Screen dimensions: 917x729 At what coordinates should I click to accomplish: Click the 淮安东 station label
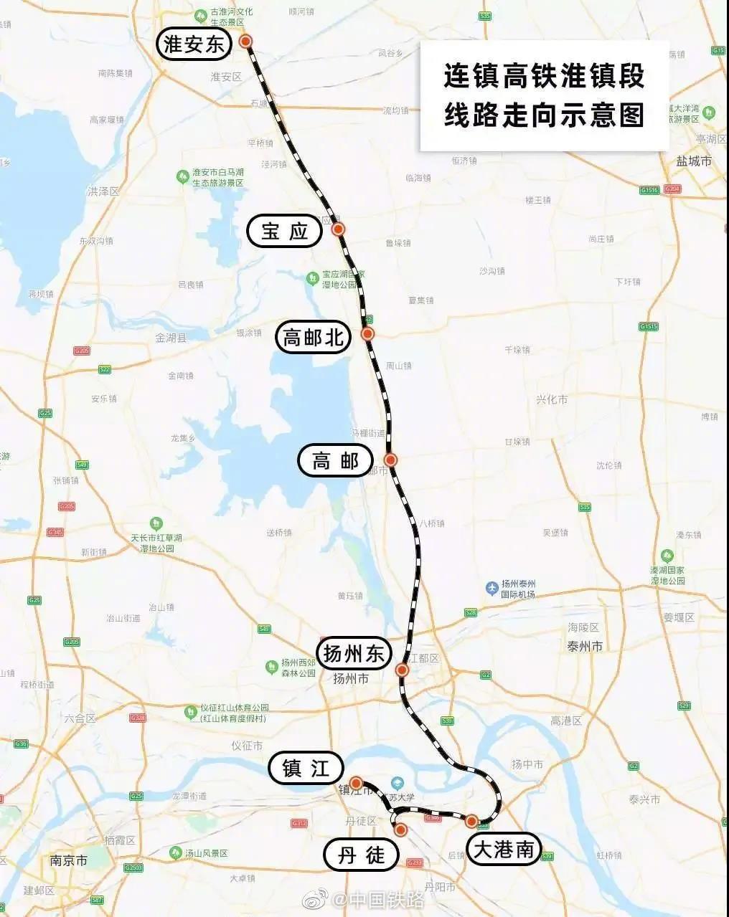pyautogui.click(x=194, y=45)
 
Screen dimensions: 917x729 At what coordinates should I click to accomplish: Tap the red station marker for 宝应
pyautogui.click(x=339, y=229)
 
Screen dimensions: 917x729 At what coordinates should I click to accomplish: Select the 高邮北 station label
pyautogui.click(x=314, y=337)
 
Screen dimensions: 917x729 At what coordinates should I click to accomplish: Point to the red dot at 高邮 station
pyautogui.click(x=390, y=460)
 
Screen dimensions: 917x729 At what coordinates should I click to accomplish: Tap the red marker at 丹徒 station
pyautogui.click(x=400, y=830)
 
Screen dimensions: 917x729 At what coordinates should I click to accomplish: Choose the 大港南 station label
pyautogui.click(x=504, y=850)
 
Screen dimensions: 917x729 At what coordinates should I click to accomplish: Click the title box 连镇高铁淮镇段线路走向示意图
pyautogui.click(x=544, y=95)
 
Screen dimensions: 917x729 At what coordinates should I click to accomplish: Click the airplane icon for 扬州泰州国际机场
pyautogui.click(x=492, y=588)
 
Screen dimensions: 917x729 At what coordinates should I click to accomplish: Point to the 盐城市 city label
pyautogui.click(x=694, y=161)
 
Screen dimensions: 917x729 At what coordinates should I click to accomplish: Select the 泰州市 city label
pyautogui.click(x=584, y=646)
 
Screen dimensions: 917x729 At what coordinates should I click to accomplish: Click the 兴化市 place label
pyautogui.click(x=552, y=399)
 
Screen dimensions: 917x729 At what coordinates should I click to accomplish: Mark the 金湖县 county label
pyautogui.click(x=171, y=337)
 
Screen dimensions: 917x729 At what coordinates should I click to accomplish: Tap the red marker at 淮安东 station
pyautogui.click(x=246, y=42)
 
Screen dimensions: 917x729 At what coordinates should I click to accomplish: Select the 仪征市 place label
pyautogui.click(x=247, y=746)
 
